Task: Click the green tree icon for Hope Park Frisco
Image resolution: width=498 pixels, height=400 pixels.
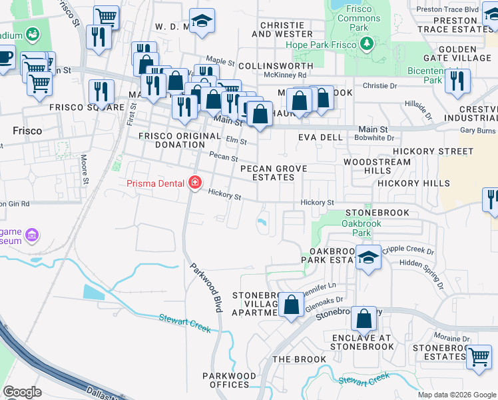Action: (x=366, y=44)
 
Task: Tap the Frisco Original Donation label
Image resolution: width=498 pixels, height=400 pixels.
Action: (x=179, y=140)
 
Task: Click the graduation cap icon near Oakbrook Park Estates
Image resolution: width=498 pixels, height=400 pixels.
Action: (x=368, y=258)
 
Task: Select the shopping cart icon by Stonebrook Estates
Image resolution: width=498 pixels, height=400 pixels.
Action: (x=479, y=355)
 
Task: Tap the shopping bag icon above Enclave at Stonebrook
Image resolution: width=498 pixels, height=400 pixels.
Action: (x=364, y=319)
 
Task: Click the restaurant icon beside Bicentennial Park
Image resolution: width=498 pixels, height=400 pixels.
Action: (x=457, y=80)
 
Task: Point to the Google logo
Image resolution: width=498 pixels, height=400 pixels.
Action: (x=22, y=392)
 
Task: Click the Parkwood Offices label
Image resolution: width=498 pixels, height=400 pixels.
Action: (x=230, y=381)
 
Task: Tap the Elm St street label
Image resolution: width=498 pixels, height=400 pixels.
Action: (x=236, y=141)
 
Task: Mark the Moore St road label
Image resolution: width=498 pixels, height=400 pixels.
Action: (x=85, y=169)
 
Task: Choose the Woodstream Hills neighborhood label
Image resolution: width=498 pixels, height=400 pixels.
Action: (x=377, y=166)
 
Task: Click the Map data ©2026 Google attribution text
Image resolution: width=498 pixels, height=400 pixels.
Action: (x=457, y=395)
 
